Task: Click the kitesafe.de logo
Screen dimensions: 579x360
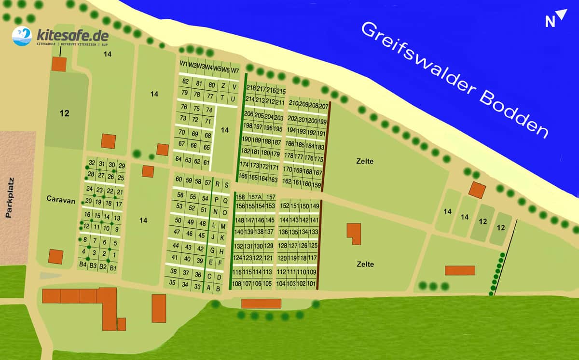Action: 60,37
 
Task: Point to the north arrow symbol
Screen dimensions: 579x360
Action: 555,19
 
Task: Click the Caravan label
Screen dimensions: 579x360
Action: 61,200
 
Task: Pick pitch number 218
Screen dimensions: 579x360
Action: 251,88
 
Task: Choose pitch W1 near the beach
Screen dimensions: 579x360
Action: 184,64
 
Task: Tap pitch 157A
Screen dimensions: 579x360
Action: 255,197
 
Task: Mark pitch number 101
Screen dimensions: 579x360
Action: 312,283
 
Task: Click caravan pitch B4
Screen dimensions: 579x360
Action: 83,265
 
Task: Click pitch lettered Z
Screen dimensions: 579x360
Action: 223,85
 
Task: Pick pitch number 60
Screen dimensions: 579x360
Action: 179,180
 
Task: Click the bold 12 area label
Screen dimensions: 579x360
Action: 65,114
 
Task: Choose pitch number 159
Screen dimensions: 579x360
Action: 317,185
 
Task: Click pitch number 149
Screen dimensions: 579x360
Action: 315,206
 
